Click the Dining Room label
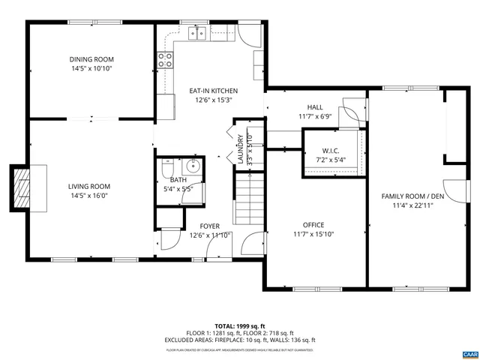tap(91, 59)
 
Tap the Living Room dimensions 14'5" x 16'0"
tap(90, 195)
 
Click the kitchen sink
tap(198, 33)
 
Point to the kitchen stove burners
tap(165, 61)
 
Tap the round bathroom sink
tap(193, 166)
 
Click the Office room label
tap(313, 224)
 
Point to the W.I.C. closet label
tap(331, 151)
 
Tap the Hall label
tap(315, 107)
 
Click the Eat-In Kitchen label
tap(214, 91)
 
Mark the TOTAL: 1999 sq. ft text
tap(240, 326)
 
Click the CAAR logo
tap(469, 353)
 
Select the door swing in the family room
tap(450, 191)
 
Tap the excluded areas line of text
tap(240, 340)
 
